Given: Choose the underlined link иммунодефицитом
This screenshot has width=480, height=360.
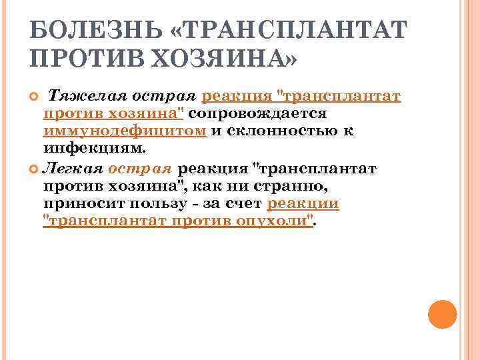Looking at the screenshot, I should point(125,131).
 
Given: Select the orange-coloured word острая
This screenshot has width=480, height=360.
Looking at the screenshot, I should point(140,169).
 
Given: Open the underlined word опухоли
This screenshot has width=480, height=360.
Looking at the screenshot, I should point(273,221).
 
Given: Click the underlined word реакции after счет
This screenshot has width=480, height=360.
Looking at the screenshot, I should point(303,203).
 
